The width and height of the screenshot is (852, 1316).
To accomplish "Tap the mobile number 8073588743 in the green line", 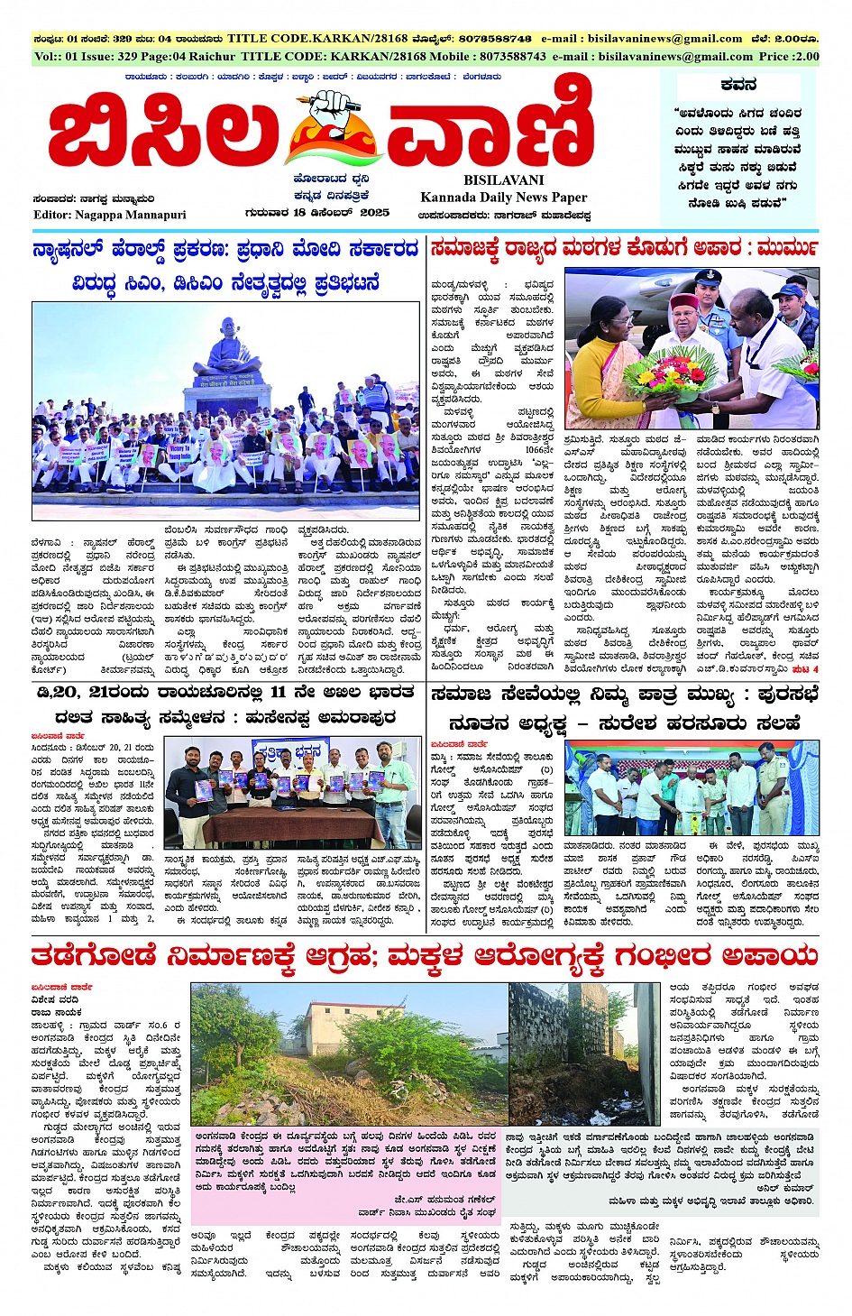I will click(500, 56).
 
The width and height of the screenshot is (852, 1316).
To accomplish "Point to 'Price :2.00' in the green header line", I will click(789, 56).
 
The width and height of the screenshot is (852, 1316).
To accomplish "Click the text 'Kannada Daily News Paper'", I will click(503, 198).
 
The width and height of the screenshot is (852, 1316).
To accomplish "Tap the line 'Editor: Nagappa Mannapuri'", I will click(109, 215).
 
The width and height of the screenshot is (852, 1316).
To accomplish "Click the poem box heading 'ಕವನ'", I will click(738, 85).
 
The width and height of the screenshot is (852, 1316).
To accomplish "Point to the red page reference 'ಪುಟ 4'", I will click(805, 669).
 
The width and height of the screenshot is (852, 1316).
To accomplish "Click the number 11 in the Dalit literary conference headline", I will click(279, 693).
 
